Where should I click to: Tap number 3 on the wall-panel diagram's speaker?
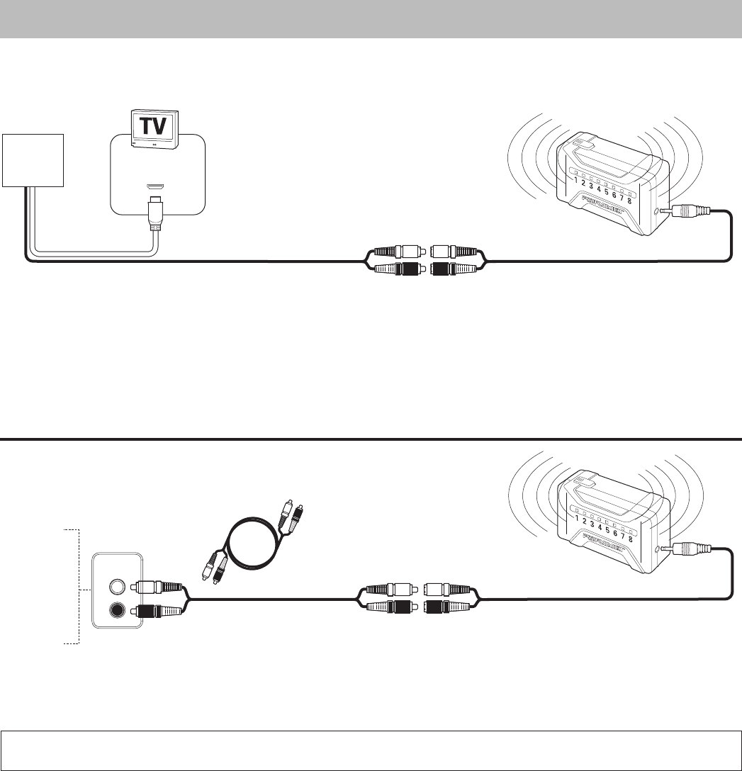tap(590, 524)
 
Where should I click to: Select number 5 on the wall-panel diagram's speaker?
tap(607, 529)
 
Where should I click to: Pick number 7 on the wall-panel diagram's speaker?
tap(622, 535)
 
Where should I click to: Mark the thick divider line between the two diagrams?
tap(371, 439)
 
